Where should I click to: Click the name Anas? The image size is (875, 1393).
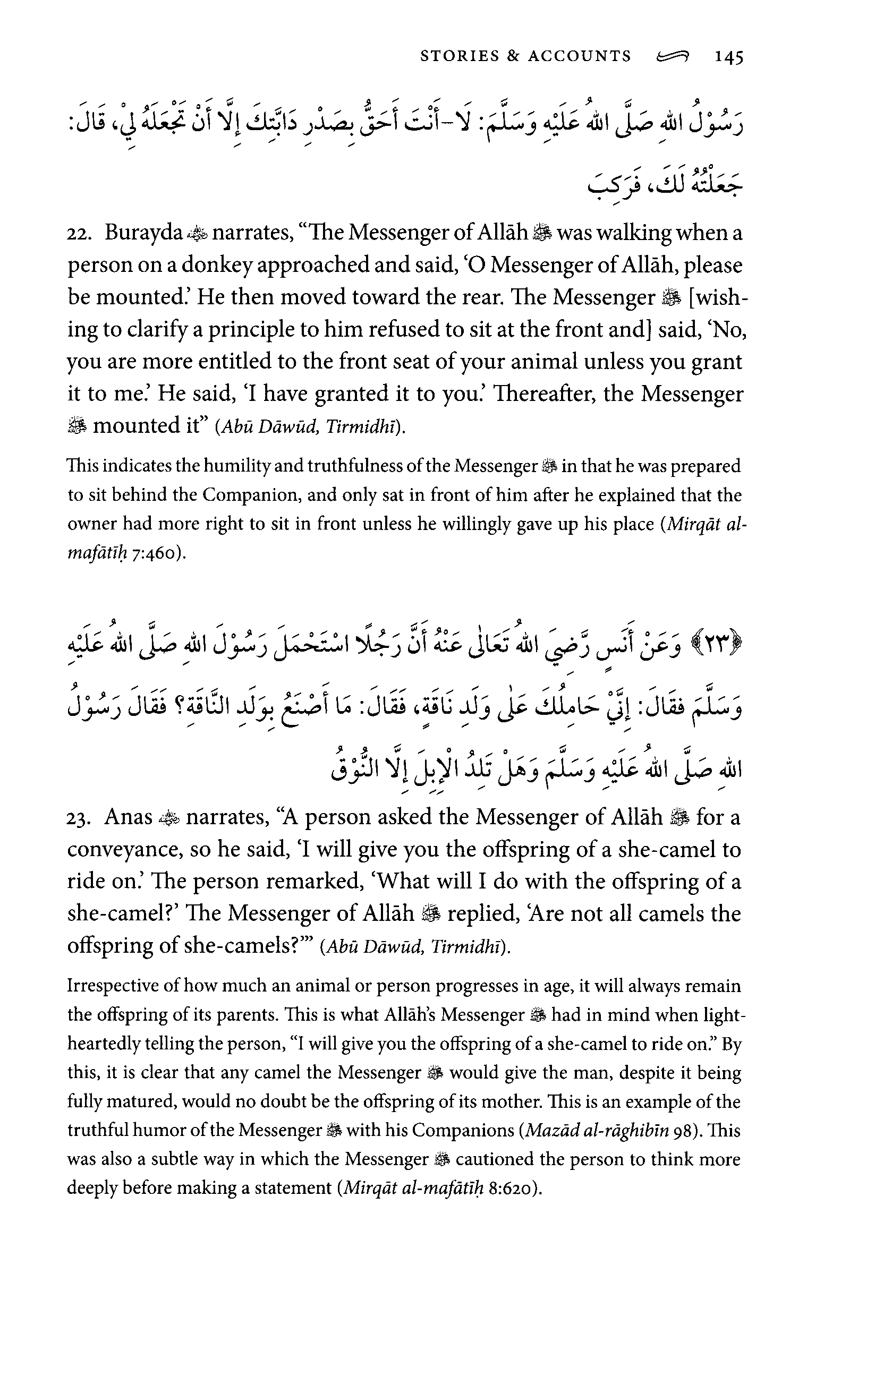(x=128, y=817)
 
